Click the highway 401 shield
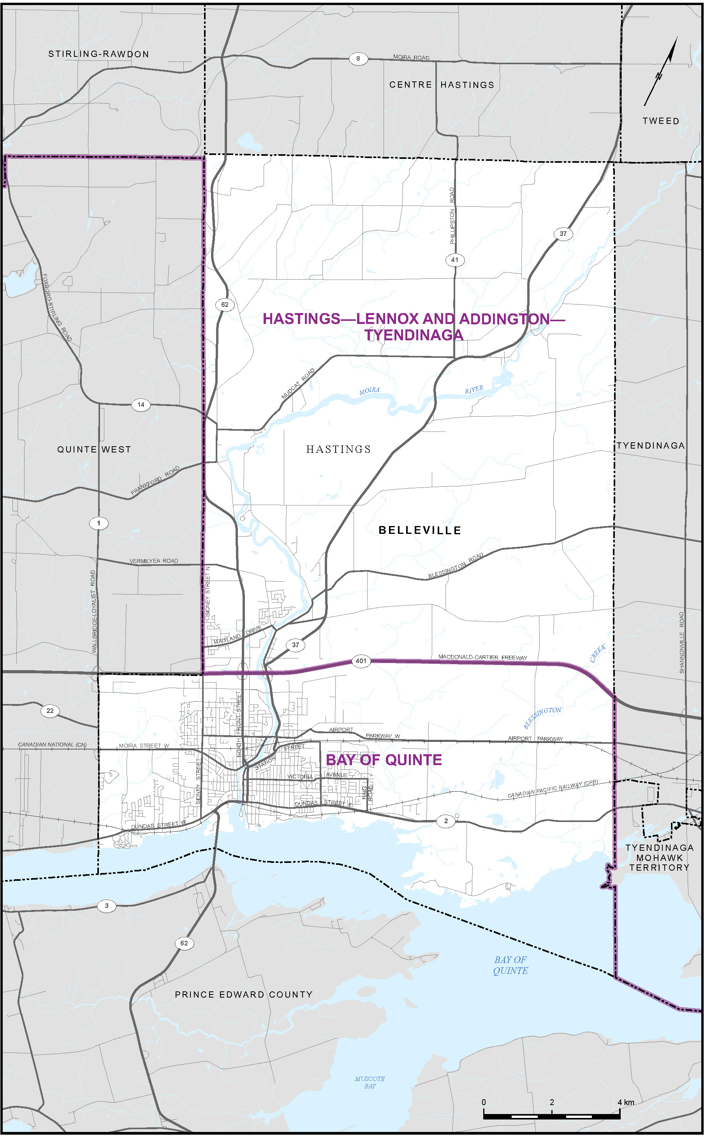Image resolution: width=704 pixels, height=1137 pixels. tap(361, 660)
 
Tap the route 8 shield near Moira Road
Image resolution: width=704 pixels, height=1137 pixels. tap(358, 58)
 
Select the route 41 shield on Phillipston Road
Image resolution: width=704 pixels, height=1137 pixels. tap(454, 260)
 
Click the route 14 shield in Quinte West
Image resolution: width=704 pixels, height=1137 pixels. tap(141, 405)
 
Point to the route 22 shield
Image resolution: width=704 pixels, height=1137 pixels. tap(50, 711)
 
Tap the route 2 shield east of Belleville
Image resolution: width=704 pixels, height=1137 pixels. tap(445, 821)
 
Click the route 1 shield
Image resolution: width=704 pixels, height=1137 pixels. tap(98, 523)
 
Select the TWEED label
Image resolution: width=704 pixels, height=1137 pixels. tap(661, 121)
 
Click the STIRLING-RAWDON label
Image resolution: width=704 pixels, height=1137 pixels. tap(99, 54)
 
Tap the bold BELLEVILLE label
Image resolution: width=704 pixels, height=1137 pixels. tap(419, 530)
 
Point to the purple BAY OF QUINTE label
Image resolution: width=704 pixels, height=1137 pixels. tap(384, 760)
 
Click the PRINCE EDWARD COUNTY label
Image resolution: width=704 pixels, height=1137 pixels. tap(243, 994)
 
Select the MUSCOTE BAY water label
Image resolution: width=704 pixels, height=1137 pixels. tap(370, 1082)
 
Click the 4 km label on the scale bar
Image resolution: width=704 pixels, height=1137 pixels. tap(625, 1102)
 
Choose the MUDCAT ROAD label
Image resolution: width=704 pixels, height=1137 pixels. tap(298, 384)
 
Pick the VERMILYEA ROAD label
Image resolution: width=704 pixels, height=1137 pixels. tap(154, 561)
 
